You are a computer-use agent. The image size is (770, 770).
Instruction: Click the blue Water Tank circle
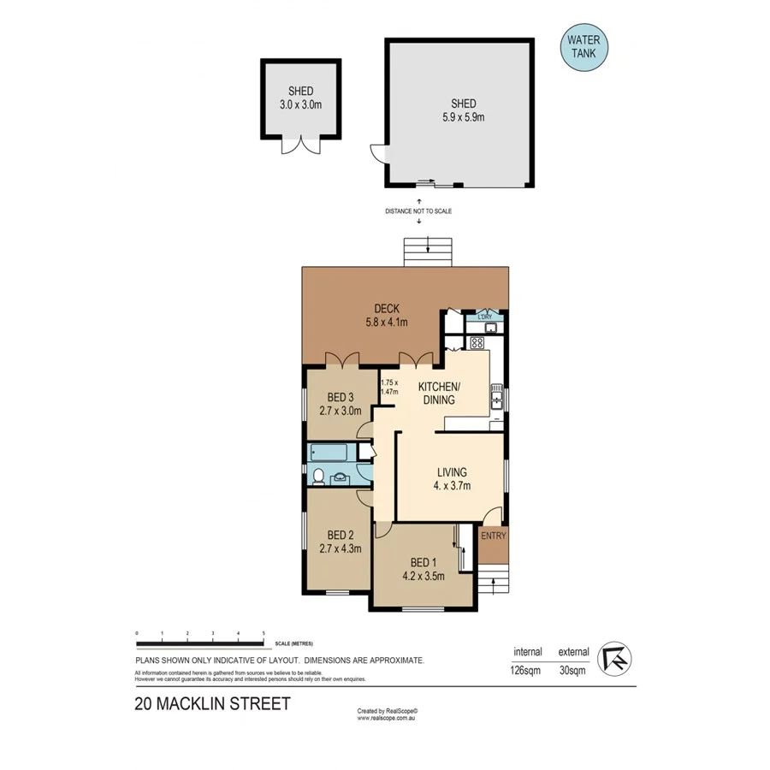pos(584,48)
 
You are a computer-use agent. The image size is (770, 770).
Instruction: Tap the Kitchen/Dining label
pos(440,394)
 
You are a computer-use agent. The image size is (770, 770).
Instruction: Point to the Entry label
pos(494,536)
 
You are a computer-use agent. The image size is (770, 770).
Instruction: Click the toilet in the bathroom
pos(317,476)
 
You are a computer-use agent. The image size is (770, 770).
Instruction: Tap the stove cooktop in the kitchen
pos(477,343)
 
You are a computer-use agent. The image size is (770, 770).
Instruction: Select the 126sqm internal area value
pos(526,671)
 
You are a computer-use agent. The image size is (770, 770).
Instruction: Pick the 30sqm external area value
pos(573,671)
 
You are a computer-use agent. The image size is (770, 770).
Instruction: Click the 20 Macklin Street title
pos(212,704)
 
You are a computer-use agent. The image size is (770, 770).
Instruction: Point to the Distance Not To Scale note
pos(418,210)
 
